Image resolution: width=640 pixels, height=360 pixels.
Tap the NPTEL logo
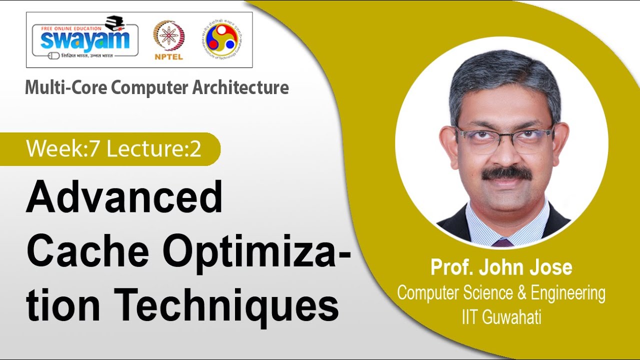tap(168, 40)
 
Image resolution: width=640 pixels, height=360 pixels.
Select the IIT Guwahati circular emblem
tap(221, 39)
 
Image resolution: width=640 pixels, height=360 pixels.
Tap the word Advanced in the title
tap(124, 197)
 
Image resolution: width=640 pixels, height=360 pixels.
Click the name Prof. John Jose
tap(501, 268)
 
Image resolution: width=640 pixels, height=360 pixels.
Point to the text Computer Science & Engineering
tap(501, 293)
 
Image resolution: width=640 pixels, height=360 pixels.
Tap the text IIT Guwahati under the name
tap(501, 318)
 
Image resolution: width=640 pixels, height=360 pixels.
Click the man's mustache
tap(506, 173)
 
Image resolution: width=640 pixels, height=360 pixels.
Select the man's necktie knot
tap(502, 242)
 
